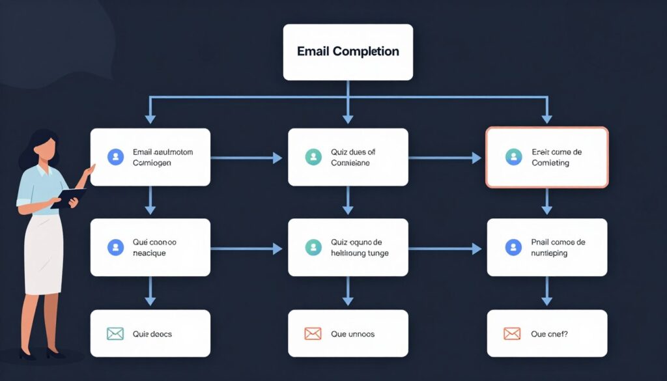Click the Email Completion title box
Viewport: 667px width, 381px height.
[348, 52]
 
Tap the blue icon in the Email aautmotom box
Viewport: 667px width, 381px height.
[115, 156]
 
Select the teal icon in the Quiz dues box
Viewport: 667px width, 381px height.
[313, 156]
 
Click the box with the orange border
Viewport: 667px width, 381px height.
[546, 157]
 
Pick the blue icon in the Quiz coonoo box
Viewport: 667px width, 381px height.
[115, 247]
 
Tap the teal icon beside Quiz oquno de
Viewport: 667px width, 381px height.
[313, 247]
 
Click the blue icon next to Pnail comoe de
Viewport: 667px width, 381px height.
[513, 247]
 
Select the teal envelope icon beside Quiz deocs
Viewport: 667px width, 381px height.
[115, 334]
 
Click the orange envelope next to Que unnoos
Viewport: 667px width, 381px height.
[313, 334]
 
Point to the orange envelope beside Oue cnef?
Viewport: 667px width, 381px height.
[512, 334]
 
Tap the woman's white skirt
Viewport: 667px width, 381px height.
[43, 254]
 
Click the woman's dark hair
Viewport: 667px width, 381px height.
[36, 147]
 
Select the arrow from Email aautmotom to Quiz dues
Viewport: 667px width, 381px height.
[246, 158]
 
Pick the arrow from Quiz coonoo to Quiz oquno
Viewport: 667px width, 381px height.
[246, 248]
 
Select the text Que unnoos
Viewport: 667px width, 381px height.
[352, 334]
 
